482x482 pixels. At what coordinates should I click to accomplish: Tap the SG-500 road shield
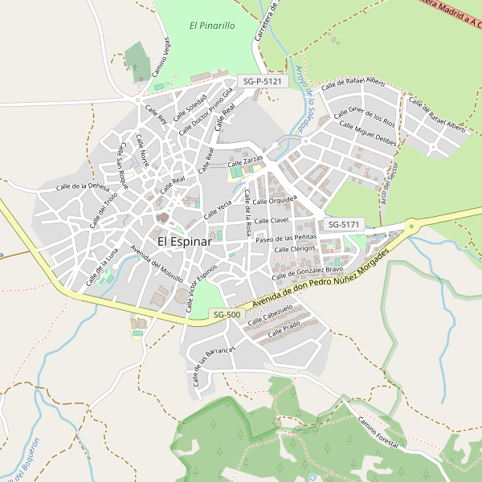[x=226, y=314]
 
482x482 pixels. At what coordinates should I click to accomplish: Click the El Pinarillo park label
[x=212, y=26]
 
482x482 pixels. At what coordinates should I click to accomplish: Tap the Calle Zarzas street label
[x=247, y=161]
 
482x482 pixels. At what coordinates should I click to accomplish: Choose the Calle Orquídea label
[x=278, y=199]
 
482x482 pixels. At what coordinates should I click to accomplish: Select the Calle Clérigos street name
[x=295, y=250]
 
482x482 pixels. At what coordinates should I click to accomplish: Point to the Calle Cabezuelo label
[x=270, y=314]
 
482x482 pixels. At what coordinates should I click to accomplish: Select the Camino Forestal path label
[x=378, y=434]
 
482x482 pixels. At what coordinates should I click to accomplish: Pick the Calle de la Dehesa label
[x=83, y=186]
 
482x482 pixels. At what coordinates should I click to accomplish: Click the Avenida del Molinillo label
[x=157, y=261]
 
